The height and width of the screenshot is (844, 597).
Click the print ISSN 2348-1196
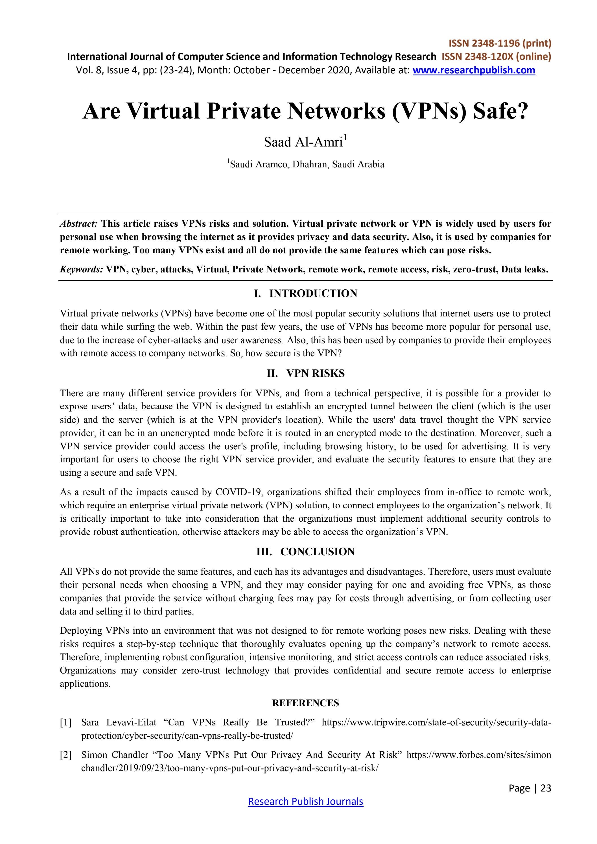(x=500, y=43)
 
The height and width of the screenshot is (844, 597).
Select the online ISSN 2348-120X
(x=496, y=57)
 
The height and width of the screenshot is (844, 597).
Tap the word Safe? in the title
(x=500, y=111)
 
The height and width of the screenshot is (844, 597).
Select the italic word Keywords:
(x=82, y=270)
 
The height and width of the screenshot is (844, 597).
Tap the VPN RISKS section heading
(x=315, y=373)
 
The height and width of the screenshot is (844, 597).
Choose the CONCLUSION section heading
(x=317, y=552)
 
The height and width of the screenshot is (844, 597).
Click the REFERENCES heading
(x=305, y=703)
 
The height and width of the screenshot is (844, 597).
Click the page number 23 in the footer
(x=546, y=788)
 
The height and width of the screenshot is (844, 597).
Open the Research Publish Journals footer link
(x=305, y=801)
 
